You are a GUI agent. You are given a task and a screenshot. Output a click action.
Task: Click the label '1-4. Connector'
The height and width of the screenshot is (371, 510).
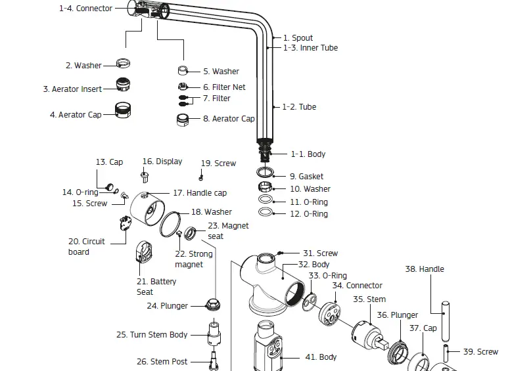pyautogui.click(x=85, y=9)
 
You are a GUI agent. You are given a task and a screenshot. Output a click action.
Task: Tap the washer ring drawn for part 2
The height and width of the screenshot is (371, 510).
pyautogui.click(x=122, y=64)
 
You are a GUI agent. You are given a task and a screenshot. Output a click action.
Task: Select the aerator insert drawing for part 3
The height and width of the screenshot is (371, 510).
pyautogui.click(x=122, y=84)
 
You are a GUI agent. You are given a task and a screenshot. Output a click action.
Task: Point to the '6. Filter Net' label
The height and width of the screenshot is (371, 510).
pyautogui.click(x=224, y=87)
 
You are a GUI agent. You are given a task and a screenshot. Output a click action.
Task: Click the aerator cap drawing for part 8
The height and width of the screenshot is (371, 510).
pyautogui.click(x=183, y=120)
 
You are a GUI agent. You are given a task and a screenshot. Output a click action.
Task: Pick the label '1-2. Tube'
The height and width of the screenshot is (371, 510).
pyautogui.click(x=299, y=106)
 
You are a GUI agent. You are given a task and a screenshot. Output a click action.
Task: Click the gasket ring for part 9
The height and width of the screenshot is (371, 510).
pyautogui.click(x=264, y=173)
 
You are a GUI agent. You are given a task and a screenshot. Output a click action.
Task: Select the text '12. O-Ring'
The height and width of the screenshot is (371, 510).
pyautogui.click(x=309, y=214)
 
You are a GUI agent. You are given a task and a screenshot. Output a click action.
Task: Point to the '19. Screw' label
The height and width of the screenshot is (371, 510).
pyautogui.click(x=218, y=163)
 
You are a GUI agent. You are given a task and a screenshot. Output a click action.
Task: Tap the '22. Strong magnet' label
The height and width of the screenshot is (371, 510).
pyautogui.click(x=193, y=259)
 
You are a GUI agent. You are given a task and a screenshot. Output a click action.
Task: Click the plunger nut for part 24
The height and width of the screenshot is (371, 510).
pyautogui.click(x=212, y=305)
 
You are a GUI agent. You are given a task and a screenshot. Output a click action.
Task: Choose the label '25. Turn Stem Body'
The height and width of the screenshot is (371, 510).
pyautogui.click(x=152, y=334)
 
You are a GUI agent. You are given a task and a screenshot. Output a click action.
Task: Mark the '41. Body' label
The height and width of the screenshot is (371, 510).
pyautogui.click(x=321, y=357)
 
